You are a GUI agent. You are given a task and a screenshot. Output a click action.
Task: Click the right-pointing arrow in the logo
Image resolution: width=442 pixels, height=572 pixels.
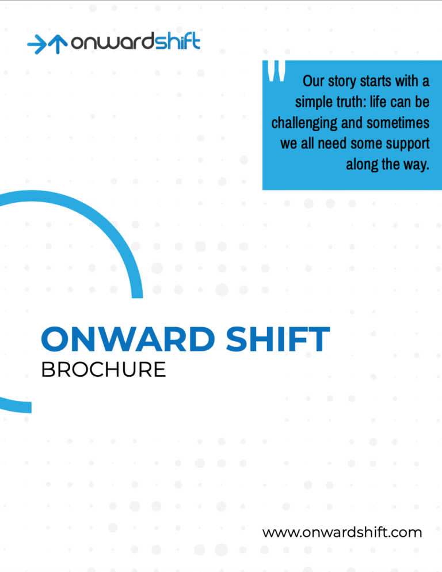click(37, 44)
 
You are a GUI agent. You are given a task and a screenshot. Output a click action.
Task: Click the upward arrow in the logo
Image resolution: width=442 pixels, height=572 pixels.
click(58, 44)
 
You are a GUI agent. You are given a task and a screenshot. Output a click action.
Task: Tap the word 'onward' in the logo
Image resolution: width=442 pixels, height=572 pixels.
click(113, 43)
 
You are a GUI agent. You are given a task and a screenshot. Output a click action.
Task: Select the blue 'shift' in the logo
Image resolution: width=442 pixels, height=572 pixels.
click(177, 41)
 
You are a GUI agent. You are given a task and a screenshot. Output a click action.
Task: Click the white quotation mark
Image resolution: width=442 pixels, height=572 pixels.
click(277, 71)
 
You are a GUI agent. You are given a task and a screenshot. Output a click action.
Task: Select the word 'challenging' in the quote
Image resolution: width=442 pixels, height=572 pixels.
click(304, 123)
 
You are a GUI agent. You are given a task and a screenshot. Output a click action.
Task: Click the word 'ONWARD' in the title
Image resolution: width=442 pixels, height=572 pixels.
click(128, 339)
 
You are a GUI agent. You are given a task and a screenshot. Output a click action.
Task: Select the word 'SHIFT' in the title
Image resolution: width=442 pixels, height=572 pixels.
click(278, 339)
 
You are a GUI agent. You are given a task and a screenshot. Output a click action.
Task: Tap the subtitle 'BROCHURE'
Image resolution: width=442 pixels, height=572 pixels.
click(104, 370)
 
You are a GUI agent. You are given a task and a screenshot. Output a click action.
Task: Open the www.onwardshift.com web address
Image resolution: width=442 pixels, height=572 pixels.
click(342, 532)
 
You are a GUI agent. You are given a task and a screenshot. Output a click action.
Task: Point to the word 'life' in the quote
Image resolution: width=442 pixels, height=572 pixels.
click(378, 102)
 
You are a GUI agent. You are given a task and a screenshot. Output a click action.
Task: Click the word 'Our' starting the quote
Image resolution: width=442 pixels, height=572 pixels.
click(314, 81)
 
